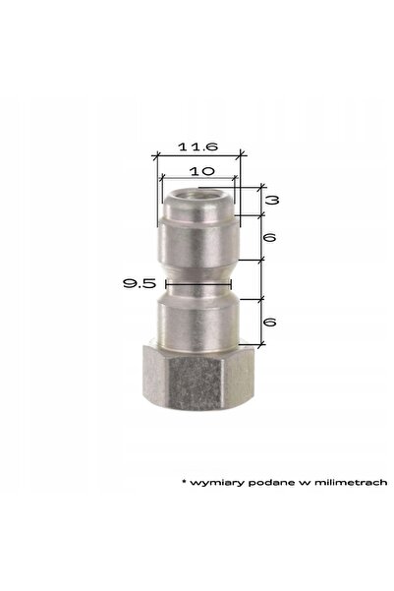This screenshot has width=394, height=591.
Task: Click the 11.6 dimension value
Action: pyautogui.click(x=198, y=147)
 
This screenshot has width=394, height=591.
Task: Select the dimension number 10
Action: pyautogui.click(x=201, y=171)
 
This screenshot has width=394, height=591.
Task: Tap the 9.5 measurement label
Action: pyautogui.click(x=139, y=283)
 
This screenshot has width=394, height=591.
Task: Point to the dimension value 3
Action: pyautogui.click(x=272, y=200)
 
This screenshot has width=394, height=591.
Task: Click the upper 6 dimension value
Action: pyautogui.click(x=269, y=237)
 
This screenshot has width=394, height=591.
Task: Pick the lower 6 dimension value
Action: pyautogui.click(x=269, y=322)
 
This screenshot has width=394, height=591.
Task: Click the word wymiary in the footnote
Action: pyautogui.click(x=217, y=483)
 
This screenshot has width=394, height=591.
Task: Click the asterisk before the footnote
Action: pyautogui.click(x=184, y=481)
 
